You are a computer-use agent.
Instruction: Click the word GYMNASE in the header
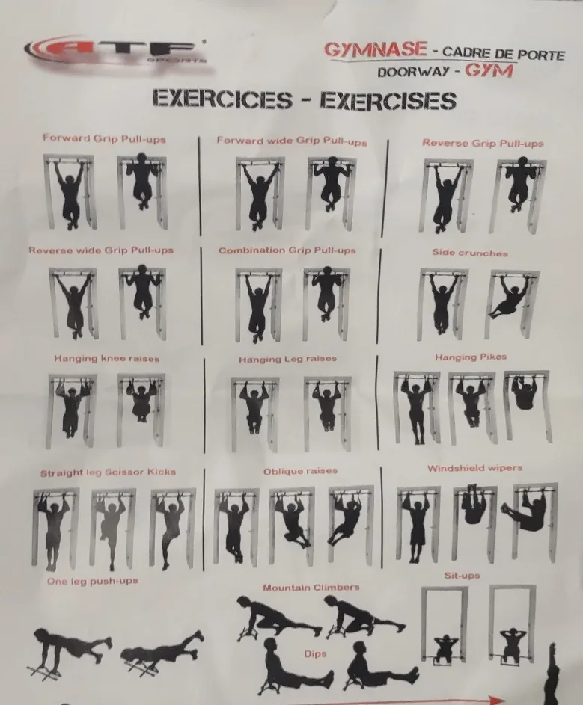[x=375, y=49]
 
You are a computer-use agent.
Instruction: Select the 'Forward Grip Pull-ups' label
[x=104, y=139]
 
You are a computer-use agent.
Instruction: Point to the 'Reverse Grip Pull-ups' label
[x=482, y=143]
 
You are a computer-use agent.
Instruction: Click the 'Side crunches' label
[x=469, y=253]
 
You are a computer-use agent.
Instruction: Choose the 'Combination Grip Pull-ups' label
[x=287, y=250]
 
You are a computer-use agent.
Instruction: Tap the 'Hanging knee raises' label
[x=106, y=359]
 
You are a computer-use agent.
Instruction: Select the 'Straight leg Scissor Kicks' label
[x=108, y=472]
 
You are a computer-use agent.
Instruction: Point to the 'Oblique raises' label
[x=300, y=472]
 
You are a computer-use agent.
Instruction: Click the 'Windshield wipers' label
[x=475, y=469]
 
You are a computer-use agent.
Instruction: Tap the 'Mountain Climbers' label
[x=311, y=588]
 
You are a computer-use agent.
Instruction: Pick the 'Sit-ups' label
[x=462, y=576]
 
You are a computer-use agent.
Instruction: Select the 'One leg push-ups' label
[x=92, y=581]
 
